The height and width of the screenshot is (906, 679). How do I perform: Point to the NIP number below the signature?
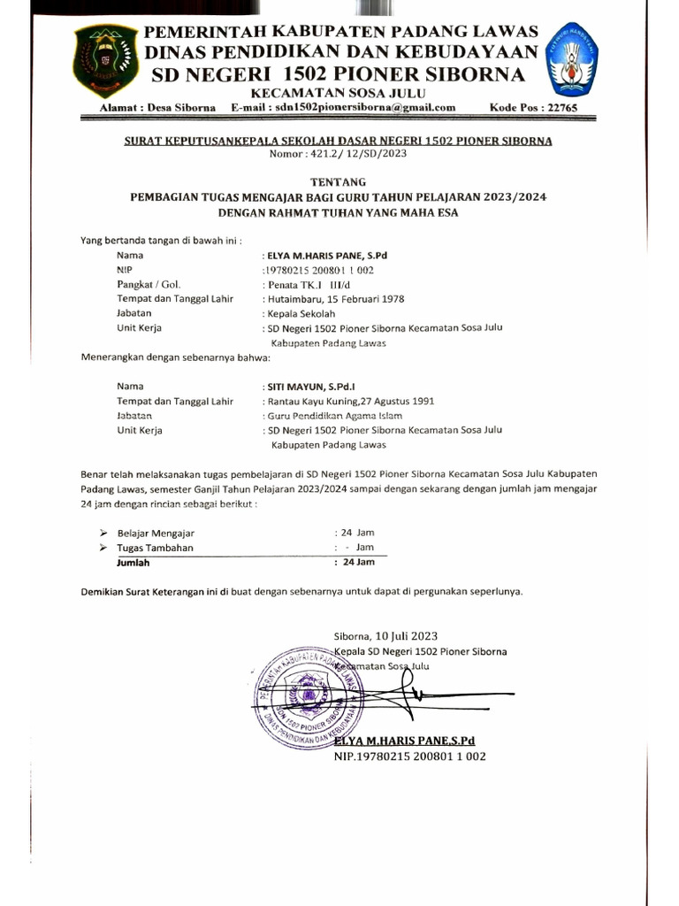(409, 756)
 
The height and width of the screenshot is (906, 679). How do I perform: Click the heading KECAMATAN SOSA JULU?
(339, 93)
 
